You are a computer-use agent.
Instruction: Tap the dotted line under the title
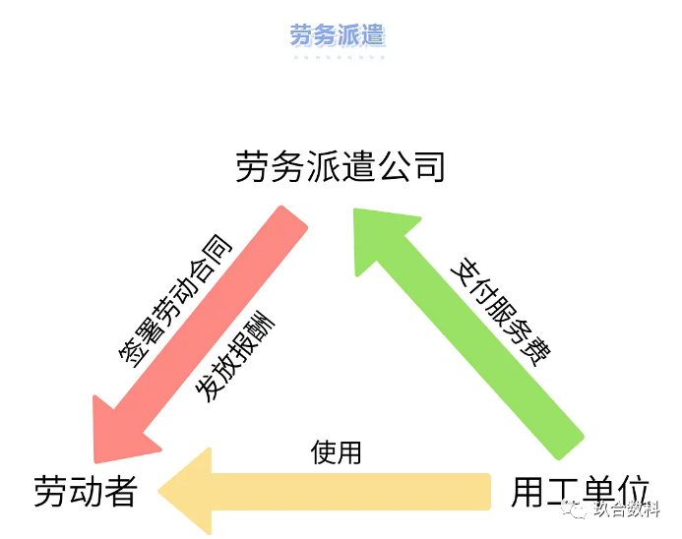338,57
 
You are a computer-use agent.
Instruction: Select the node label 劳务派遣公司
341,166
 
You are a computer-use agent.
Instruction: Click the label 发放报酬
235,359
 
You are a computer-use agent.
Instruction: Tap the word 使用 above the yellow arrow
337,453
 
